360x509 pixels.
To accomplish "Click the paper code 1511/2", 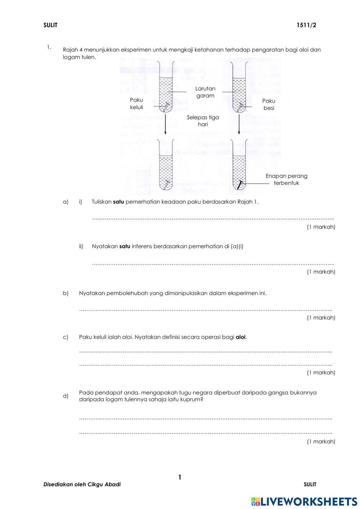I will (x=306, y=25).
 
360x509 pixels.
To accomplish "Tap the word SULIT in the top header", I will (x=50, y=25).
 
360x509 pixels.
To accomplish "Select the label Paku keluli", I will (x=136, y=104).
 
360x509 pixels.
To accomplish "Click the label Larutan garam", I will (x=205, y=92).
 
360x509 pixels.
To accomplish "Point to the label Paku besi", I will (x=269, y=104).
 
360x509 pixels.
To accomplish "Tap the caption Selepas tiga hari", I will (x=203, y=121).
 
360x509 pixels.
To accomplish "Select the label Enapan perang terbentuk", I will (x=286, y=179).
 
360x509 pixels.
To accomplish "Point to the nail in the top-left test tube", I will (x=166, y=107).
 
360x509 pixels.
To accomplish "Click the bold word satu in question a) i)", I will (x=118, y=202).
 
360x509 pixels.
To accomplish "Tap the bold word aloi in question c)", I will (x=240, y=337).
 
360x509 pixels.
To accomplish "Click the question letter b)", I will (x=66, y=293).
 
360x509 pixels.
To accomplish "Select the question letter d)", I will (x=66, y=396).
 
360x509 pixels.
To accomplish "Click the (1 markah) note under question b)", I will (x=321, y=318).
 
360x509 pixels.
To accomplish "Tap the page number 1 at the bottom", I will (x=180, y=478).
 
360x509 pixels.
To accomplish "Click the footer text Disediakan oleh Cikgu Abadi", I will (x=82, y=485).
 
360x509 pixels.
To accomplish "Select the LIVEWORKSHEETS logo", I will (x=304, y=501).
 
